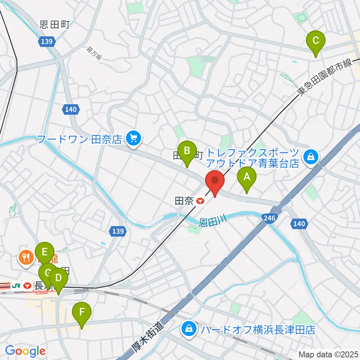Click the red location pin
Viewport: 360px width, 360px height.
(215, 181)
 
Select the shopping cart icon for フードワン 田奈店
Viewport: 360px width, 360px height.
(132, 139)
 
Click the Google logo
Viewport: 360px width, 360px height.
(25, 351)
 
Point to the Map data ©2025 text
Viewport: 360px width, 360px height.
(328, 354)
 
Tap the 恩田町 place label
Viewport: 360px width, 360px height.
(55, 25)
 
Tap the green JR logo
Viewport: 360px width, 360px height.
(16, 285)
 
